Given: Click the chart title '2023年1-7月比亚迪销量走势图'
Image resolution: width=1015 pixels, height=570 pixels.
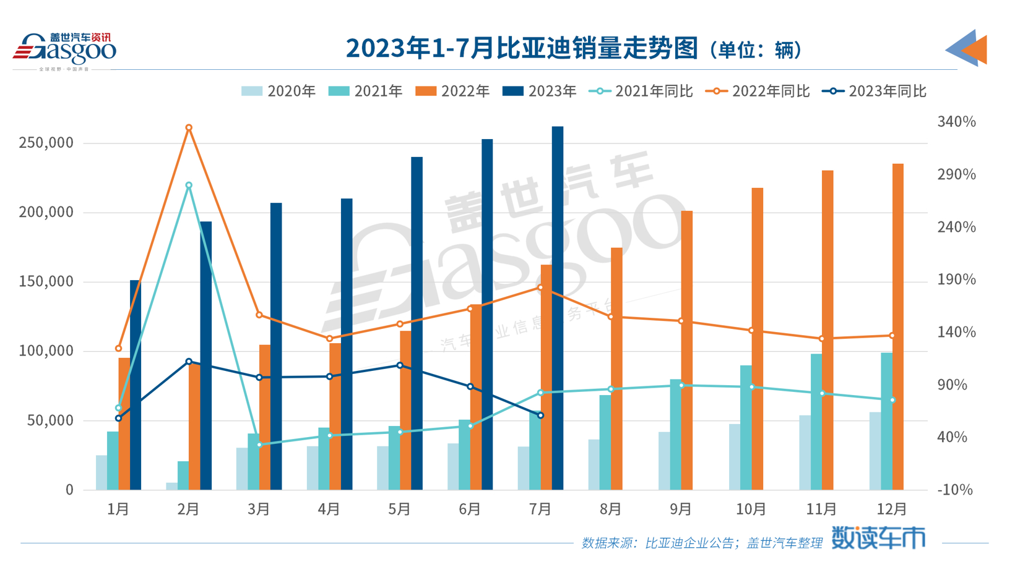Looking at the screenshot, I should (x=521, y=48).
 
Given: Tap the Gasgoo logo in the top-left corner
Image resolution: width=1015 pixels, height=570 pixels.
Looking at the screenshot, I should (x=64, y=49).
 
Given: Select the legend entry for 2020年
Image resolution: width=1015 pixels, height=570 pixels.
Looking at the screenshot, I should (x=279, y=91).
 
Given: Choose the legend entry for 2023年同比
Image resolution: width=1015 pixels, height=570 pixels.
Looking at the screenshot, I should (x=874, y=91).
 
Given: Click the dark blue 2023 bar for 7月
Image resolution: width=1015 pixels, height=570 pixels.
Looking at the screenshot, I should (x=558, y=309).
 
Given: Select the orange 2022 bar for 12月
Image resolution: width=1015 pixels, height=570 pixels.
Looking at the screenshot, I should (x=897, y=328).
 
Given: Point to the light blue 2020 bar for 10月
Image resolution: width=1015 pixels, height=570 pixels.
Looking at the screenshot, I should (x=735, y=457).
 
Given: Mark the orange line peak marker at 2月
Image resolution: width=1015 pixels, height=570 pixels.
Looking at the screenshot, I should (x=189, y=128).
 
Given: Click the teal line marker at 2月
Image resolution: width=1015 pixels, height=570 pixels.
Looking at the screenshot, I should (x=189, y=185).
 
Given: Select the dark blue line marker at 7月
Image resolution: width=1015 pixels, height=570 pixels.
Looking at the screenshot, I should (x=540, y=415).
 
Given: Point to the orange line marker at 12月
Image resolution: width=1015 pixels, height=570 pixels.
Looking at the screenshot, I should (x=892, y=336).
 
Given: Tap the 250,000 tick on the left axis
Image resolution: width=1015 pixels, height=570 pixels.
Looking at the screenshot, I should (x=46, y=143).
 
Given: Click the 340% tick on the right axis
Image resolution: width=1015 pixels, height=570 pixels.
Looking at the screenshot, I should (x=956, y=122).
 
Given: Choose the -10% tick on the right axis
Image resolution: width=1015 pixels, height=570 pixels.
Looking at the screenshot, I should (x=956, y=490).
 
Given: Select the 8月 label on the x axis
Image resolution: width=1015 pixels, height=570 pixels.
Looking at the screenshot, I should (x=611, y=509).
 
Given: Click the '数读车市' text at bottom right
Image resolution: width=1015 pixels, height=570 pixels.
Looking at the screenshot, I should (x=878, y=538).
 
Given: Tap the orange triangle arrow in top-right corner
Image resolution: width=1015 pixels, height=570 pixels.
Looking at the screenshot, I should (x=976, y=49).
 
